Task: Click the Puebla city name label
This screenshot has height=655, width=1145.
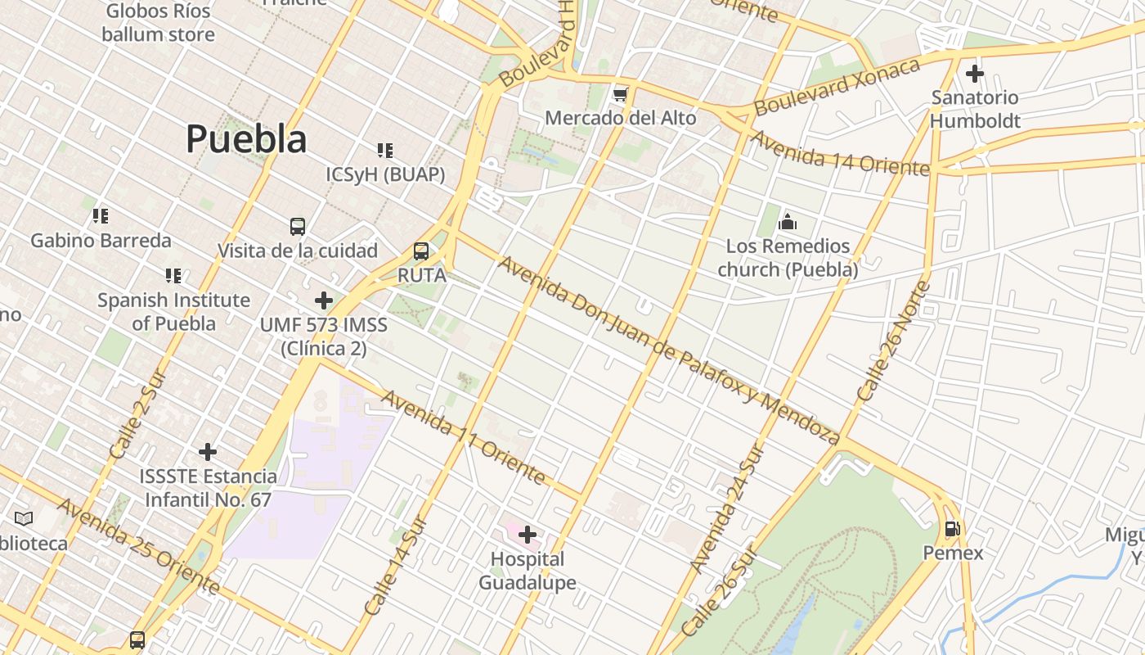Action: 246,138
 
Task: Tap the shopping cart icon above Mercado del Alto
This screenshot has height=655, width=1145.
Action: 621,95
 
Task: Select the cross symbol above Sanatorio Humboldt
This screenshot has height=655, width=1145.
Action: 974,74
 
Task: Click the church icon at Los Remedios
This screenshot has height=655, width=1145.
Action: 788,222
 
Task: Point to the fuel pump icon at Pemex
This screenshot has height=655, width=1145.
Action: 952,529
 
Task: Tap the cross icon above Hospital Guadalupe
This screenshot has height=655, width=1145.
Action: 528,535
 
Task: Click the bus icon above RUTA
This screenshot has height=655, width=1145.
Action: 421,251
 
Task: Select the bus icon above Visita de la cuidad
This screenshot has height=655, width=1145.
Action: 298,226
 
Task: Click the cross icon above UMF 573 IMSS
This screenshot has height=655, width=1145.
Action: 324,300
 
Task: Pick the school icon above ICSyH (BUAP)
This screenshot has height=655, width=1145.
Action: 385,150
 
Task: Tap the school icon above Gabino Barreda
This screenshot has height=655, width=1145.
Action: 101,216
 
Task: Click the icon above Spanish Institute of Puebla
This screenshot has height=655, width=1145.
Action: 173,276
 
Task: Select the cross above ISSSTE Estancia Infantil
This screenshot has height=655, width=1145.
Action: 208,451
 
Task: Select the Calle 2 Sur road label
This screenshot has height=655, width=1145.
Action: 137,415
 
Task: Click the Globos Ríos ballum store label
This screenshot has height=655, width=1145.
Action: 159,23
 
